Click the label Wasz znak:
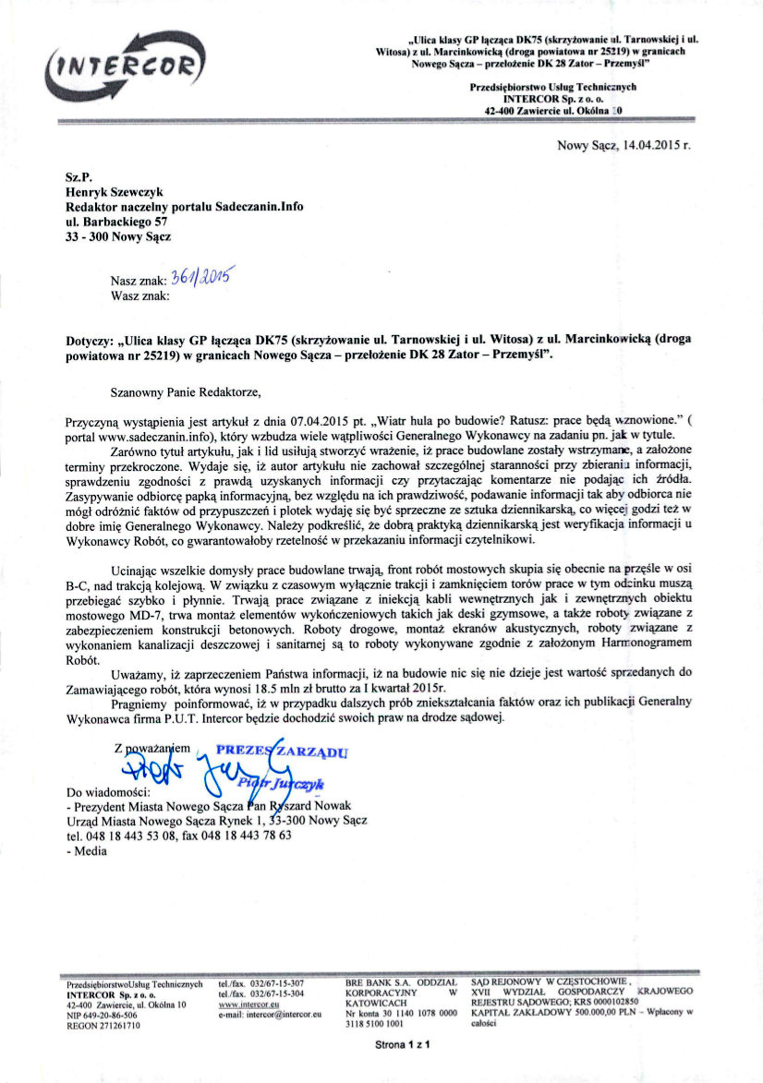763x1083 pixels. [139, 295]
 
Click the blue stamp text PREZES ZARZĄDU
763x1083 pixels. [283, 752]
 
